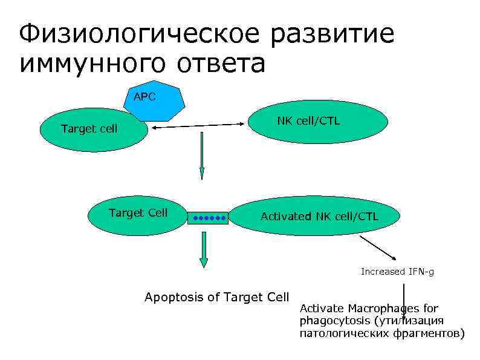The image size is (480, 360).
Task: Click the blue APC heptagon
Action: coord(154,103)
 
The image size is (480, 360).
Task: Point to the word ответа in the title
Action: coord(221,64)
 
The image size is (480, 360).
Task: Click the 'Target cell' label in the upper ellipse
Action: coord(89,129)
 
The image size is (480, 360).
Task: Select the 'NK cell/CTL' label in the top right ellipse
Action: coord(308,121)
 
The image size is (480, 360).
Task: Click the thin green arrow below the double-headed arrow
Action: coord(202,155)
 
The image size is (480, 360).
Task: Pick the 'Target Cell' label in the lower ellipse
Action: coord(138,212)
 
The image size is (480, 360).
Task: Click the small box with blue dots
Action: coord(208,217)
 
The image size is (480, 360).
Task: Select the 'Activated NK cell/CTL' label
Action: coord(319,217)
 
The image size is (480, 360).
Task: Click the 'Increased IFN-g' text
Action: coord(397,272)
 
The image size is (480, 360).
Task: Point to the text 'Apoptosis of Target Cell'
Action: coord(217,297)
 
